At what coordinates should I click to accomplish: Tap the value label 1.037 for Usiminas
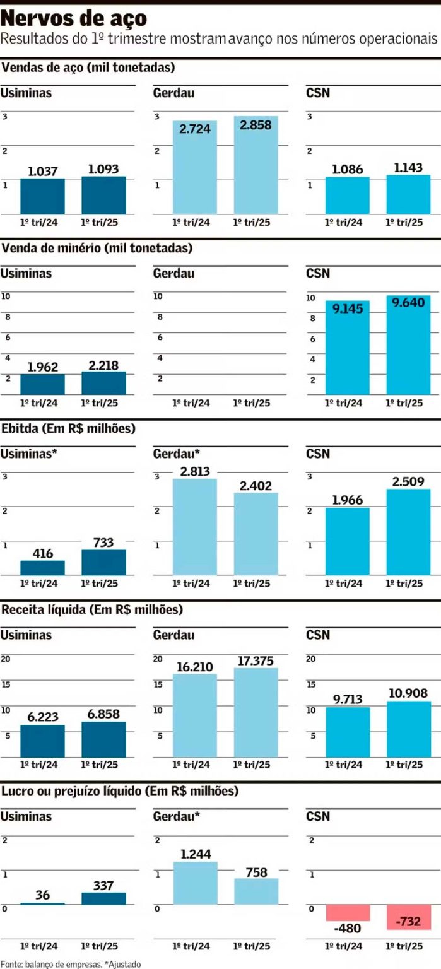43,171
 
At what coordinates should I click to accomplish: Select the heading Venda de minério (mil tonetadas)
97,249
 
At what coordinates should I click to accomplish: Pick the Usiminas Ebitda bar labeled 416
43,568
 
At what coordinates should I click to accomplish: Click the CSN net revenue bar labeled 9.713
348,732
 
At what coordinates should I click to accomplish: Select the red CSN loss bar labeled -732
408,917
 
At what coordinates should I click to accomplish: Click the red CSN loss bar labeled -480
348,912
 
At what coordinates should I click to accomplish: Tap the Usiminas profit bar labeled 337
103,898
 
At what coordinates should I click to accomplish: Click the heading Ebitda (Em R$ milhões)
69,429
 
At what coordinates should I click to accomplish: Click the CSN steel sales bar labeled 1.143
408,195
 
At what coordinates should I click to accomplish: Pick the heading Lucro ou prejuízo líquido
120,790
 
